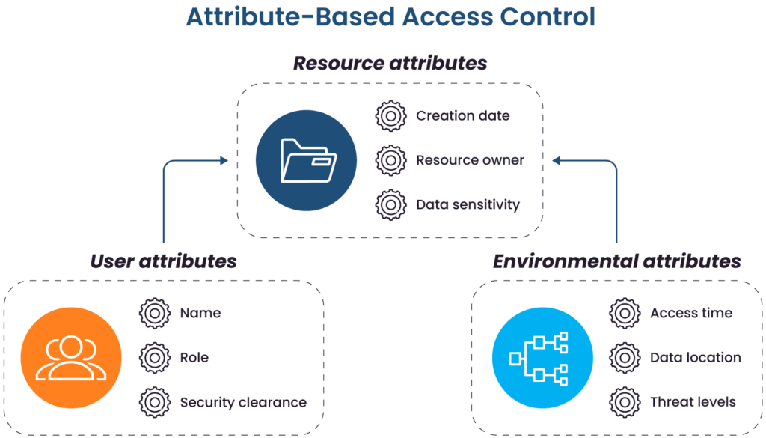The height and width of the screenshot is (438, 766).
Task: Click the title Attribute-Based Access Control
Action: coord(390,17)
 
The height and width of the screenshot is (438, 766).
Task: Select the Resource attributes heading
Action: coord(390,63)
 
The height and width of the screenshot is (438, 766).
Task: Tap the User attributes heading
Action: coord(163,261)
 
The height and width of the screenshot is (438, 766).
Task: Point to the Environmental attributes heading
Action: coord(616,261)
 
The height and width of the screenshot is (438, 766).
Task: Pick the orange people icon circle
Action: coord(71,358)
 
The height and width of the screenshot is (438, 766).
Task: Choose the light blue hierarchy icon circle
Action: coord(542,358)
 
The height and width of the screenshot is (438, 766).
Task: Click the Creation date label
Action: coord(462,116)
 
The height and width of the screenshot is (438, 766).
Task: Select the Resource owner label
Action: coord(469,159)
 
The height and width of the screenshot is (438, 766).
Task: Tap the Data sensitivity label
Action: coord(468,204)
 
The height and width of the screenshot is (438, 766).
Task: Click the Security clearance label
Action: coord(243,402)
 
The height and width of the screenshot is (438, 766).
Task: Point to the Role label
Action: coord(194,358)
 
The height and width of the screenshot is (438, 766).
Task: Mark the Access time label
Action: coord(690,313)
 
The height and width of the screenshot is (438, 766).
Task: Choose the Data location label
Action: coord(695,358)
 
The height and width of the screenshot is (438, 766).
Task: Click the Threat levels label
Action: coord(692,402)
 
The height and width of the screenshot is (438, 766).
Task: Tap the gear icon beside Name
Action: coord(155,313)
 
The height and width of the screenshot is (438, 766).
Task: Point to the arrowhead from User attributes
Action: coord(224,159)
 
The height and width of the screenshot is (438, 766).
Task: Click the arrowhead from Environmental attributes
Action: coord(556,159)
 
